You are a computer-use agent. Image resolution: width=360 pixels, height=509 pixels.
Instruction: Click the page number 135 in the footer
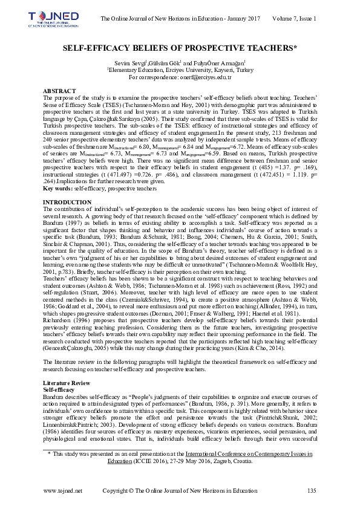click(312, 490)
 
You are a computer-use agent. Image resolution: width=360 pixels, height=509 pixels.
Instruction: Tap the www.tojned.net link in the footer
click(63, 490)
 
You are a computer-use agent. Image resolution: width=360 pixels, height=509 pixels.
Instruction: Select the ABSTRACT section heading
click(59, 89)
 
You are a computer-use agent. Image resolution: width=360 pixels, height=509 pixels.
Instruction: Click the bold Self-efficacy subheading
click(59, 391)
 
